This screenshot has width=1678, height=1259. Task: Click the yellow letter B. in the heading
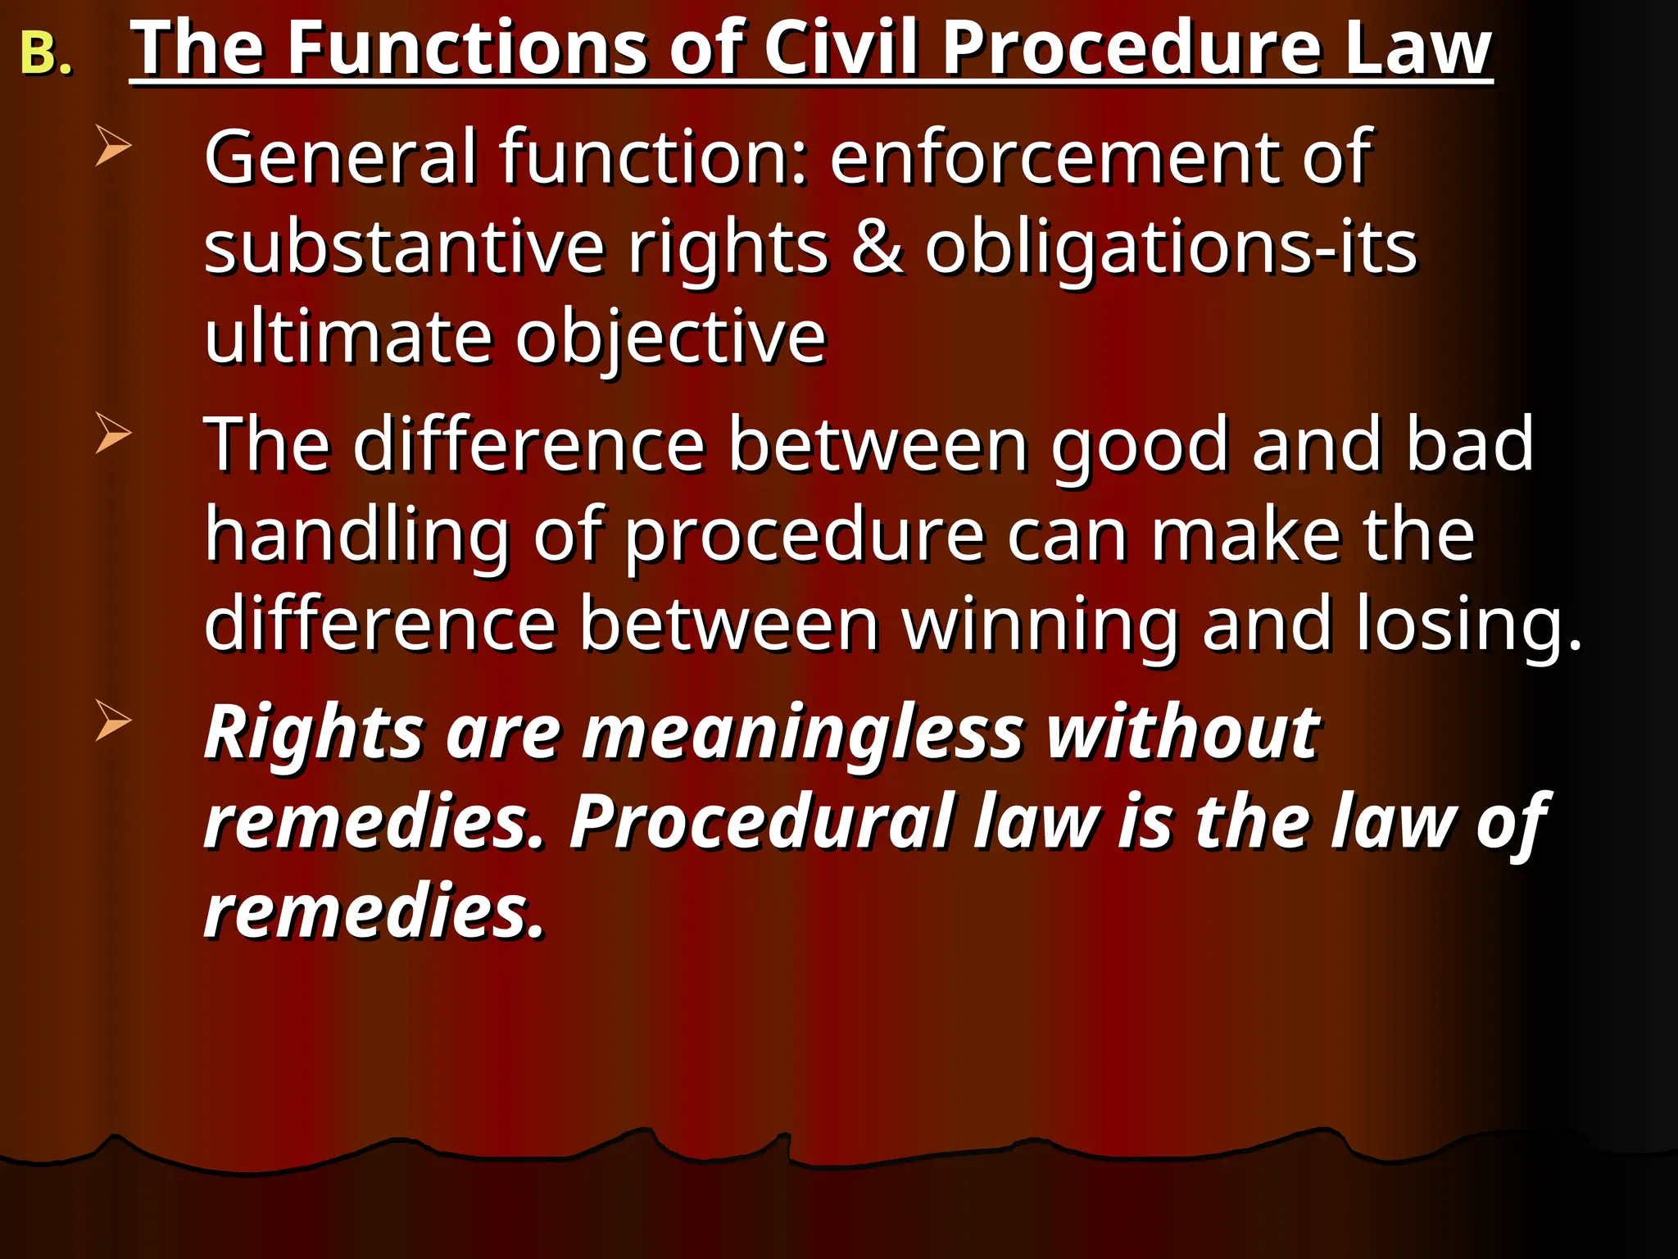click(x=45, y=54)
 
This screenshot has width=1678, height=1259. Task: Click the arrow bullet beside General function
click(x=113, y=146)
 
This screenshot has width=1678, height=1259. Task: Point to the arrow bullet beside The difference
click(x=113, y=433)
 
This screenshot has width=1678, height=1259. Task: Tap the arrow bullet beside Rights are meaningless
click(x=113, y=720)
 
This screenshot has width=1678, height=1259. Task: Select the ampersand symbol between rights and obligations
click(x=877, y=248)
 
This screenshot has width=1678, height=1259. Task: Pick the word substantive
click(x=405, y=248)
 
